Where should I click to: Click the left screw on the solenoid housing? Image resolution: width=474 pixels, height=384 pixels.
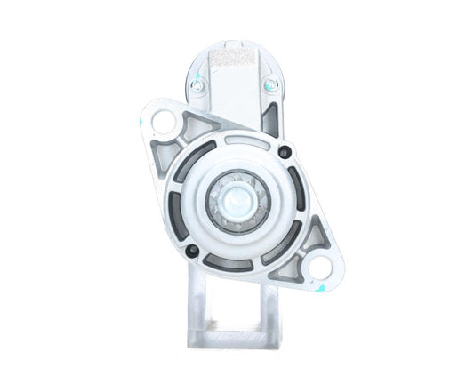point(197,86)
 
